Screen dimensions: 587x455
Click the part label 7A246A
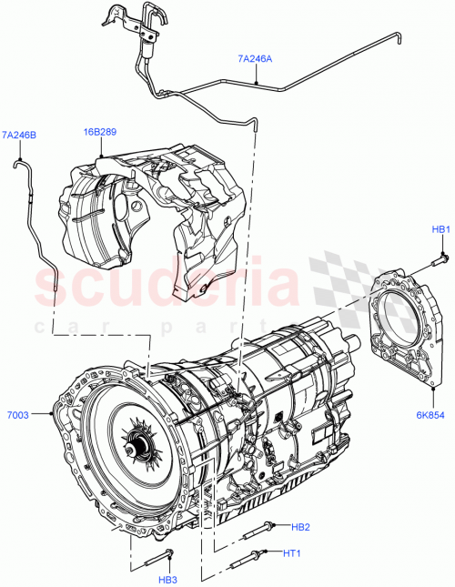pyautogui.click(x=255, y=59)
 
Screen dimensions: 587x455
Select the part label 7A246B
pyautogui.click(x=19, y=136)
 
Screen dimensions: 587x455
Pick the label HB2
pyautogui.click(x=301, y=526)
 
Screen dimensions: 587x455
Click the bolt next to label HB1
pyautogui.click(x=433, y=267)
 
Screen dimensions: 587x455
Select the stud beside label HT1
pyautogui.click(x=253, y=552)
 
